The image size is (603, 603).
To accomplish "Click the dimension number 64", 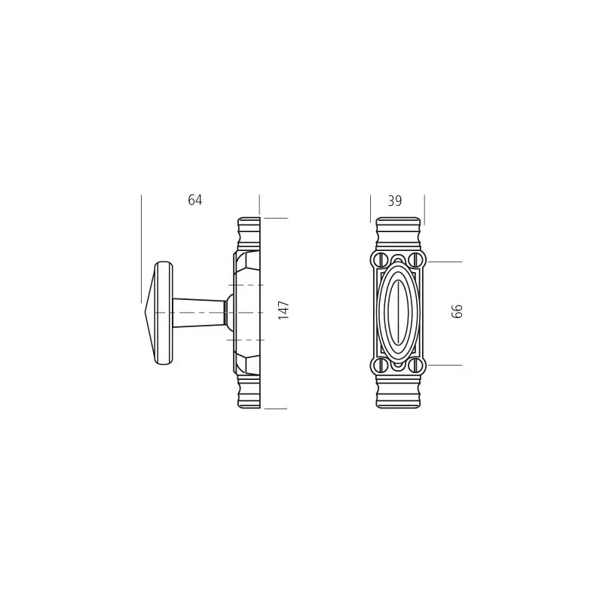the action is click(194, 200).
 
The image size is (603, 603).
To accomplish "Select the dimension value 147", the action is click(283, 311).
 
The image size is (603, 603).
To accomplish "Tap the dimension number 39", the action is click(394, 200).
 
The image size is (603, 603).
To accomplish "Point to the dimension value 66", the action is click(457, 311).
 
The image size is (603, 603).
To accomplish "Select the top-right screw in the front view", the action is click(415, 259).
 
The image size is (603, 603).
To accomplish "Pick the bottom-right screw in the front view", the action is click(415, 365).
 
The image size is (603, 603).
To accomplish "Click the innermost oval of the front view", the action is click(398, 312).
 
